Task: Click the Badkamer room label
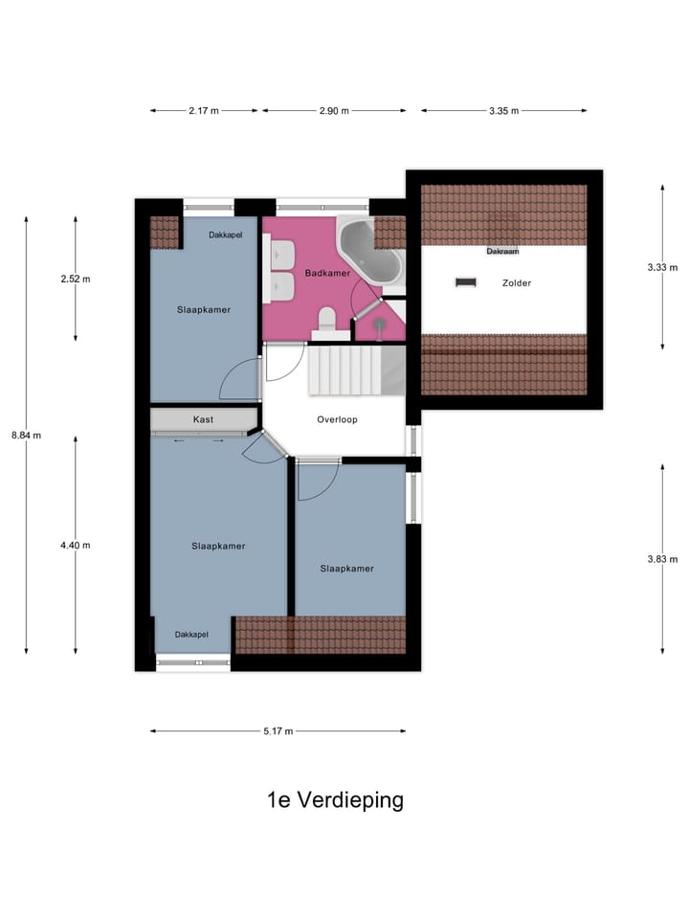(x=327, y=274)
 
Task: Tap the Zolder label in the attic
(x=516, y=283)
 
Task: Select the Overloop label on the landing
(x=337, y=419)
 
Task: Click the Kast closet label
(x=203, y=419)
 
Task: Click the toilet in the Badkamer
(x=326, y=320)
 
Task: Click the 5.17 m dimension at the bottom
(x=278, y=731)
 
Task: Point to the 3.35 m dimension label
(x=503, y=111)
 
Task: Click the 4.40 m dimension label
(x=75, y=546)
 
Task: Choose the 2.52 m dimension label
(x=75, y=280)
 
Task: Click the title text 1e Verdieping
(x=335, y=800)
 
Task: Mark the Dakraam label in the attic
(x=502, y=252)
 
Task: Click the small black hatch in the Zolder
(x=466, y=281)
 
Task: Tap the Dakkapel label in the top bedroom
(x=227, y=235)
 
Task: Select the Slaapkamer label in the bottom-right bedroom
(x=346, y=568)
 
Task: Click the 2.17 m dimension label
(x=203, y=111)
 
